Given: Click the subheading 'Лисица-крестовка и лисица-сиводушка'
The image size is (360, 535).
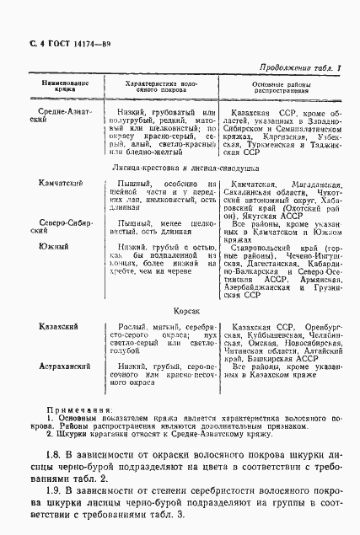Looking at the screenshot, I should tap(180, 169).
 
